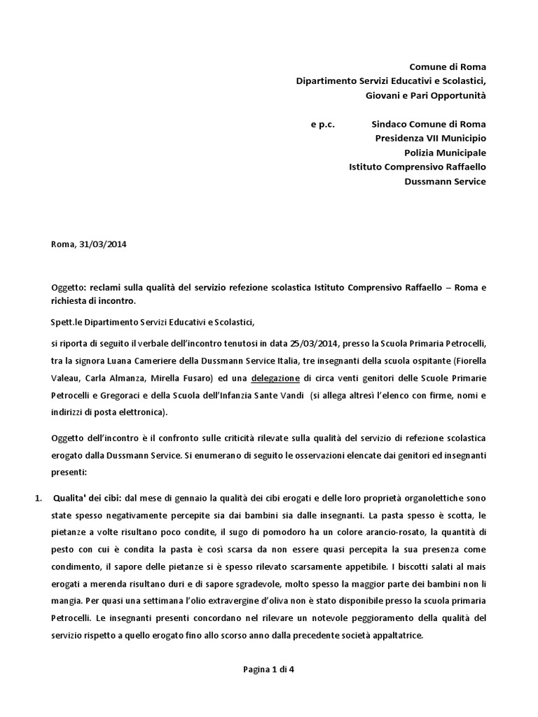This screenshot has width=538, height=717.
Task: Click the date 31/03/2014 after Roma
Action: pos(102,244)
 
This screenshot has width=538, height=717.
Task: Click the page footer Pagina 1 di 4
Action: pos(269,669)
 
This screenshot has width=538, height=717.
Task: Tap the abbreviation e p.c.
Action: pos(323,124)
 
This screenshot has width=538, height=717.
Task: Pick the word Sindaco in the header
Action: pos(389,124)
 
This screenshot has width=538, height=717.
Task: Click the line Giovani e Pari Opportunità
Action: pos(425,95)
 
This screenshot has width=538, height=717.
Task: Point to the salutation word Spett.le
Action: pos(67,321)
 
